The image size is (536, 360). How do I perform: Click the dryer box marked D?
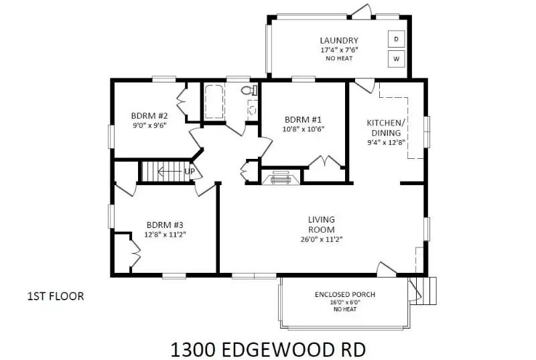coord(396,40)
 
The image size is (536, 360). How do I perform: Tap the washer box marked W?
coord(396,59)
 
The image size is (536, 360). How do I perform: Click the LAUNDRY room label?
coord(339,40)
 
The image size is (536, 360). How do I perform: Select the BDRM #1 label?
coord(304,120)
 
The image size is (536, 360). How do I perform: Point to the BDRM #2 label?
coord(149,115)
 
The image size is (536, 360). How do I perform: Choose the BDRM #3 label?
coord(165,225)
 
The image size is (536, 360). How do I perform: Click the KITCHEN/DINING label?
coord(386,127)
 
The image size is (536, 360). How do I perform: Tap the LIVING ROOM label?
coord(322,225)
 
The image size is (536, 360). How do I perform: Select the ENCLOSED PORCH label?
coord(344,294)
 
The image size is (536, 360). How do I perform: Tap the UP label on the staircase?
coord(190,172)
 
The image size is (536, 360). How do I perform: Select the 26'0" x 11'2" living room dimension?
coord(322,239)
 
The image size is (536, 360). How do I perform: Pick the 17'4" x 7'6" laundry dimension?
coord(339,50)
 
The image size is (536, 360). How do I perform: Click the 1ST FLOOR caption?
coord(56,296)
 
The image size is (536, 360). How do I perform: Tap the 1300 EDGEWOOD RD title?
coord(268,349)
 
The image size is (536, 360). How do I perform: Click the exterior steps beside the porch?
coord(425,290)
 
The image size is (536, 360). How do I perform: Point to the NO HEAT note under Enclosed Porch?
coord(344,309)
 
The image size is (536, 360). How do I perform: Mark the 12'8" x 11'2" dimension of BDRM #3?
coord(165,235)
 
